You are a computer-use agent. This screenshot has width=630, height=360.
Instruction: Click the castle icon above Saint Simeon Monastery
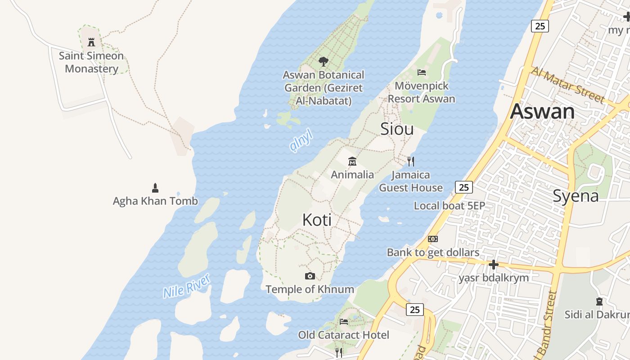coord(92,42)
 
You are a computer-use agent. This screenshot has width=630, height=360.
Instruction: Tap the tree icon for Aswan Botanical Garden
coord(323,61)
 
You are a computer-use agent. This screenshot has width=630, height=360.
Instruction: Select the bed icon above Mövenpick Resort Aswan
coord(422,72)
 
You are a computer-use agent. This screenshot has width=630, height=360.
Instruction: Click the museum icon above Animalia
coord(352,161)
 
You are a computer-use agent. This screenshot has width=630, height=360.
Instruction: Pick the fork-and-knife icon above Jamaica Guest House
coord(410,161)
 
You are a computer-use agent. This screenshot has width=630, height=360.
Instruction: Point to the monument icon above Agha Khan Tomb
coord(155,188)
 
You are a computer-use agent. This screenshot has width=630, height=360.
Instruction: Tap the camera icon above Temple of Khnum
coord(310,276)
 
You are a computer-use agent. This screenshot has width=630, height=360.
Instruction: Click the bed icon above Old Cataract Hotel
coord(344,322)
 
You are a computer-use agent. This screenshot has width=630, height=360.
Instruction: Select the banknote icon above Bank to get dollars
coord(433,239)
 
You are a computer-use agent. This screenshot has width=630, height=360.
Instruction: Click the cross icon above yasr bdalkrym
coord(494,265)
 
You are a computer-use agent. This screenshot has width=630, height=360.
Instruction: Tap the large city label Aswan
coord(542,111)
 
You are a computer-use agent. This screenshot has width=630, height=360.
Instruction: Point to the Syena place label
coord(576,196)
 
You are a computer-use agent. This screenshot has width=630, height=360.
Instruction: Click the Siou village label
coord(397,129)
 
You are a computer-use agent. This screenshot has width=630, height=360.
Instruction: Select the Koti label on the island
coord(317,220)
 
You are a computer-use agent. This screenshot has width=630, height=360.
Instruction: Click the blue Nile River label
coord(187,286)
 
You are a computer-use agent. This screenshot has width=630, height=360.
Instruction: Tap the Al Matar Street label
coord(568,85)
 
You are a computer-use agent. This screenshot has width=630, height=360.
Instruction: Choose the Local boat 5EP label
coord(449,206)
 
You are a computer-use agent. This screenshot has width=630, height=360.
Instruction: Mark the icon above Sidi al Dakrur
coord(599,301)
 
